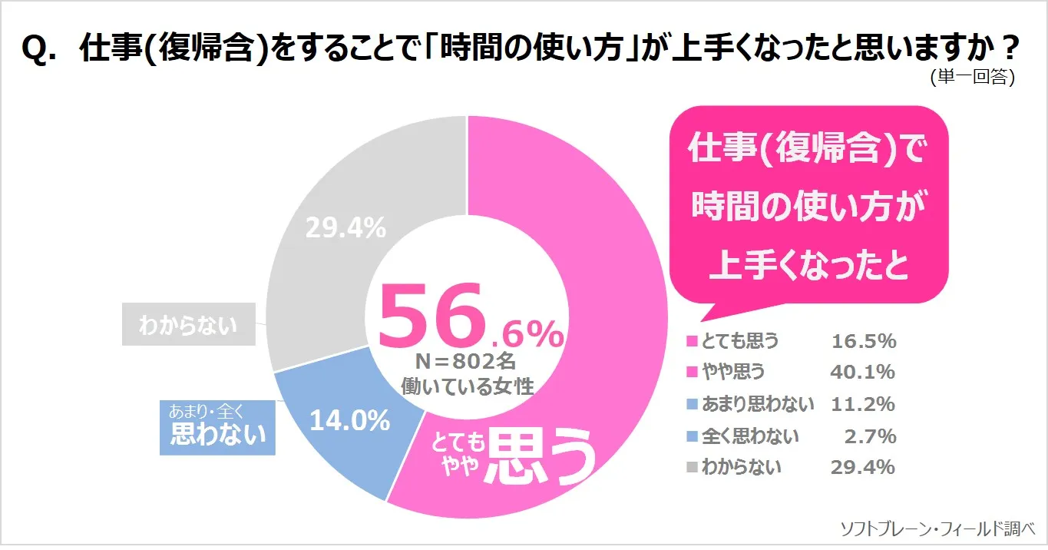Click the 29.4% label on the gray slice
click(x=345, y=227)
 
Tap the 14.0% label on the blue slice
click(x=349, y=420)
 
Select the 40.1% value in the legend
click(x=863, y=373)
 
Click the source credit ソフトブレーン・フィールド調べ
click(x=938, y=528)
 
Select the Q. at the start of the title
click(x=40, y=49)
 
